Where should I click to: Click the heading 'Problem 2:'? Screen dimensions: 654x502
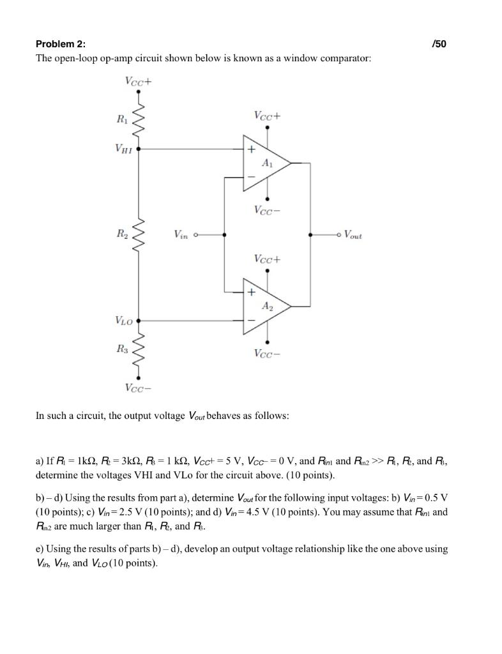pyautogui.click(x=60, y=44)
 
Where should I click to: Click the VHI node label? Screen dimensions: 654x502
pyautogui.click(x=125, y=148)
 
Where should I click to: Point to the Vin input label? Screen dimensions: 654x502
pyautogui.click(x=181, y=235)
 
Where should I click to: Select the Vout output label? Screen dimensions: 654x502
pyautogui.click(x=353, y=235)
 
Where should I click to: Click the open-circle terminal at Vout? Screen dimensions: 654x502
pyautogui.click(x=339, y=235)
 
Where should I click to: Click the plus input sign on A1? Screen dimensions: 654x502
pyautogui.click(x=252, y=149)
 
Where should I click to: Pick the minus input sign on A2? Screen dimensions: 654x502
pyautogui.click(x=252, y=319)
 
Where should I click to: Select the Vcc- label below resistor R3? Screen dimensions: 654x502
pyautogui.click(x=139, y=388)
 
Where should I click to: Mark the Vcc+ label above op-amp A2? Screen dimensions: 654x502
pyautogui.click(x=267, y=259)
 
